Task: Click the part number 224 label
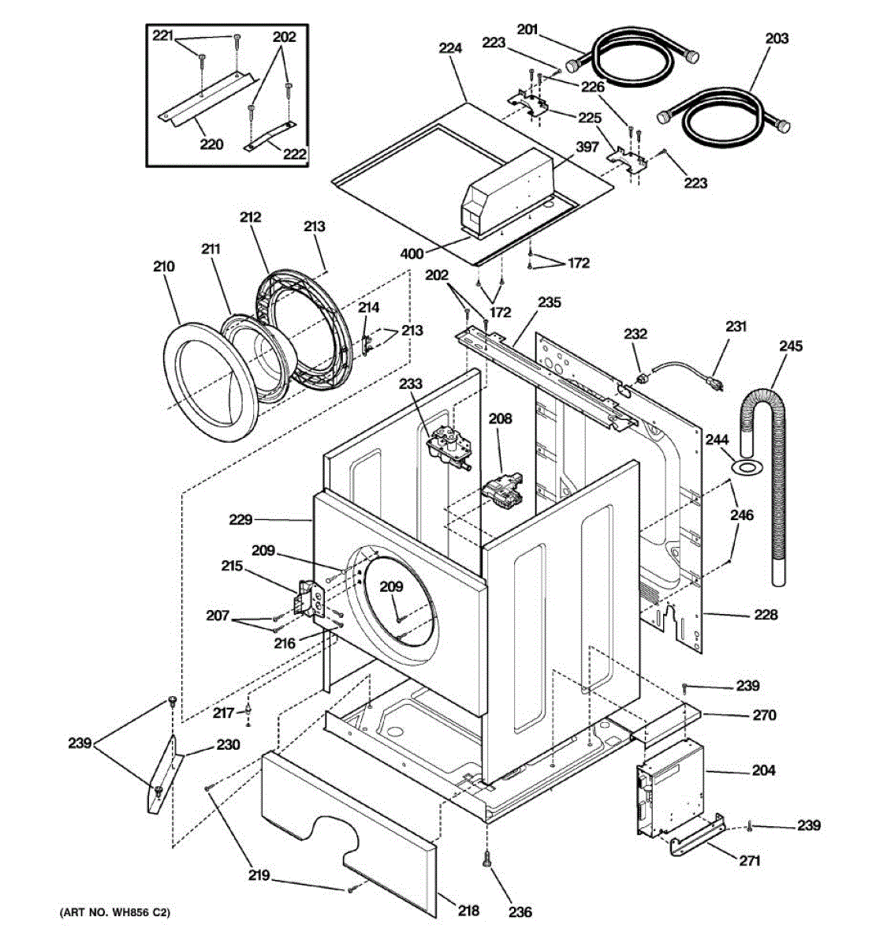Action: (450, 48)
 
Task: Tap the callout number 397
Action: (587, 147)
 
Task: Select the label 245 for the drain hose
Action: (791, 346)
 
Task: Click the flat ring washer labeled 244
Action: (747, 467)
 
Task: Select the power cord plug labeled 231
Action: (715, 383)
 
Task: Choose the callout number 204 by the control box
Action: (763, 770)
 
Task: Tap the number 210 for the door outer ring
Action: (164, 267)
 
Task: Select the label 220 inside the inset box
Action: (211, 144)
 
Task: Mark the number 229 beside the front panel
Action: (240, 519)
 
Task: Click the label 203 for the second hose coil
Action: (777, 38)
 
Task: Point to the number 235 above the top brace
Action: (550, 302)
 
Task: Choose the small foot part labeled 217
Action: (248, 711)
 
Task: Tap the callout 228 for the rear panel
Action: (766, 615)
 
